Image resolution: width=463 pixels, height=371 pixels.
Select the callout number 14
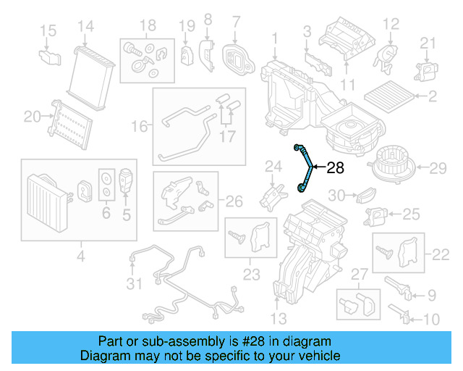coord(86,27)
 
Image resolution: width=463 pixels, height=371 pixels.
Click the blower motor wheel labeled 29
coord(392,168)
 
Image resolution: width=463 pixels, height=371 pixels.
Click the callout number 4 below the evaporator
coord(80,255)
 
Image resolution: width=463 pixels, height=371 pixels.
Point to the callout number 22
coord(440,254)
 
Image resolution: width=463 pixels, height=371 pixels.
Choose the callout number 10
coord(430,319)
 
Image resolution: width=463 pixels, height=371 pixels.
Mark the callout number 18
coord(148,27)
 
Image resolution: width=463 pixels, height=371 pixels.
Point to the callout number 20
coord(32,116)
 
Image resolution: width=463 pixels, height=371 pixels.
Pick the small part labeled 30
coord(365,195)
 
